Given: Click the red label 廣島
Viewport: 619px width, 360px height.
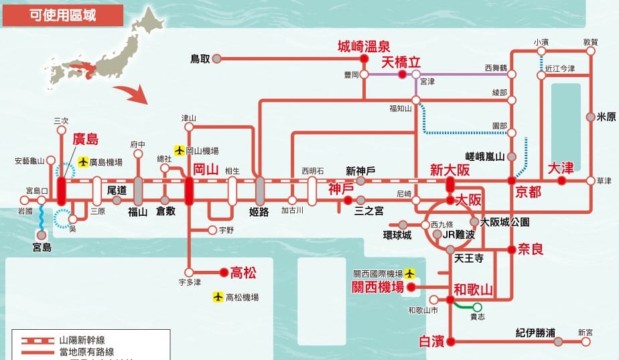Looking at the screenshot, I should [85, 140].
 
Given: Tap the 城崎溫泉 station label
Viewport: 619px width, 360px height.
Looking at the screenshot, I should [363, 46].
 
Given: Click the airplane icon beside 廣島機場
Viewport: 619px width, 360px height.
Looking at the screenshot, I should [83, 162].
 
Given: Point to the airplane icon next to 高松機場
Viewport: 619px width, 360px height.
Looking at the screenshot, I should [218, 296].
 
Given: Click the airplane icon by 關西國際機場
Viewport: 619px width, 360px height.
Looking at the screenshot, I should [409, 274].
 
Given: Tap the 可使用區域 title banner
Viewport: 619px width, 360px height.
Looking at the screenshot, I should [63, 15].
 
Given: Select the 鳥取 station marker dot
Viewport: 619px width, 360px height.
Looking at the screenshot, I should [217, 59].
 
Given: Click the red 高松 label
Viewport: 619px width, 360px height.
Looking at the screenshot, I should [243, 272].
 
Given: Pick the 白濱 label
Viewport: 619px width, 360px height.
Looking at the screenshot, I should [431, 342].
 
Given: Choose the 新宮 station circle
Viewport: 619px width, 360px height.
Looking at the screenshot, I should [586, 342].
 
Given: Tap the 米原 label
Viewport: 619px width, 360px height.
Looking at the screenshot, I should [606, 117].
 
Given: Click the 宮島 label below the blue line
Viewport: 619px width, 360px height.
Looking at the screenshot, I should [42, 247].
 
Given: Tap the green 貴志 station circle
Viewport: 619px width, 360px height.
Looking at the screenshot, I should [477, 307].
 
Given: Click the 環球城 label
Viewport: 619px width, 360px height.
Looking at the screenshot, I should [397, 235].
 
